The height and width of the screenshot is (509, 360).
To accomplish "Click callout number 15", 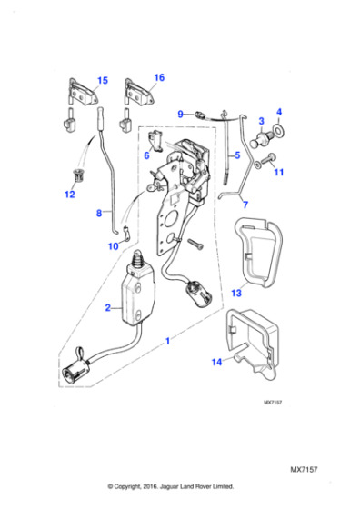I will click(103, 81).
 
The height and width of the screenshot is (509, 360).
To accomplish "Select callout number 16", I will click(159, 78).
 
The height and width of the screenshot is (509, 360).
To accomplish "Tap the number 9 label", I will click(181, 114).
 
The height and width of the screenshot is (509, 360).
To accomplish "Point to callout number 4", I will click(279, 112).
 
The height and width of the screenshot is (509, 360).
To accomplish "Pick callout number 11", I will click(279, 172).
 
